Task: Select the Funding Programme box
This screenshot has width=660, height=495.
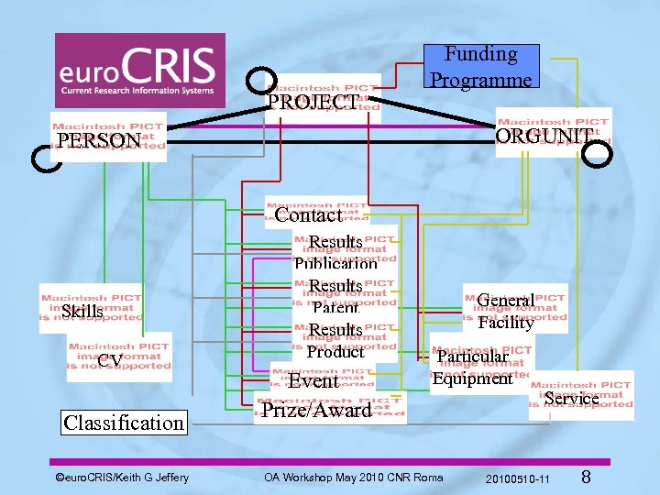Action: coord(481,67)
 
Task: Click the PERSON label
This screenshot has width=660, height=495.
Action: coord(99,140)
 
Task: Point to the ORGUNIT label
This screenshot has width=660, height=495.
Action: coord(544,136)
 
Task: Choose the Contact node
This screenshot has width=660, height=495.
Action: coord(308,214)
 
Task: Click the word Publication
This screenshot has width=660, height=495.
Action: coord(335,264)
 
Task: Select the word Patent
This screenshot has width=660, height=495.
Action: coord(335,308)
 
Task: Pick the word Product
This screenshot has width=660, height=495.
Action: coord(335,351)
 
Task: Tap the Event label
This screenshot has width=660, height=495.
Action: coord(313,380)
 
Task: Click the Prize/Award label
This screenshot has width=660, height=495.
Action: coord(317,410)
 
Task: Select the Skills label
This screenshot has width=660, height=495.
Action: coord(82,312)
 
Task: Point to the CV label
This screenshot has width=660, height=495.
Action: coord(110,360)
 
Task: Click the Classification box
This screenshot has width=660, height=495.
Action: coord(124,423)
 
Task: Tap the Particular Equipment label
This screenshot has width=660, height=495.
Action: coord(472,367)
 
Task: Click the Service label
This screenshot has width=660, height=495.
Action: coord(571,398)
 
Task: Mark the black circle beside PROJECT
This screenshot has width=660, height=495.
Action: coord(262,81)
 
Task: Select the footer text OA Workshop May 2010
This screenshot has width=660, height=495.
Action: coord(353,478)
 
